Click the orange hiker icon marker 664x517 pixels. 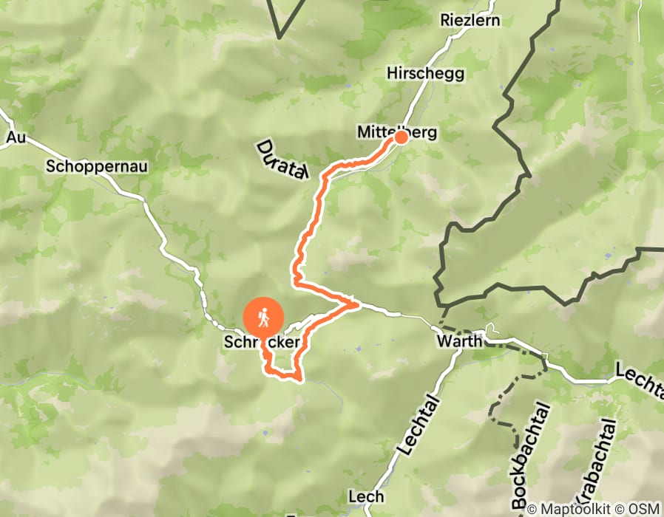[263, 318]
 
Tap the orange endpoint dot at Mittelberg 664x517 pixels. [402, 137]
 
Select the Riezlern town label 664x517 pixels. [470, 20]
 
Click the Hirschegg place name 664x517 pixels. [425, 73]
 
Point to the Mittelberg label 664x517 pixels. [396, 133]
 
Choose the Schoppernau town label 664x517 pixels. [97, 166]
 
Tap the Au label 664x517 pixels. [16, 137]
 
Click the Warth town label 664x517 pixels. [459, 342]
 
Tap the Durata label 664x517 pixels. [282, 160]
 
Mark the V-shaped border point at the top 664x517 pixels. [280, 37]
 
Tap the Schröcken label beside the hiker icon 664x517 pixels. [262, 343]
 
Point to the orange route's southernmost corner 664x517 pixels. [299, 380]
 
